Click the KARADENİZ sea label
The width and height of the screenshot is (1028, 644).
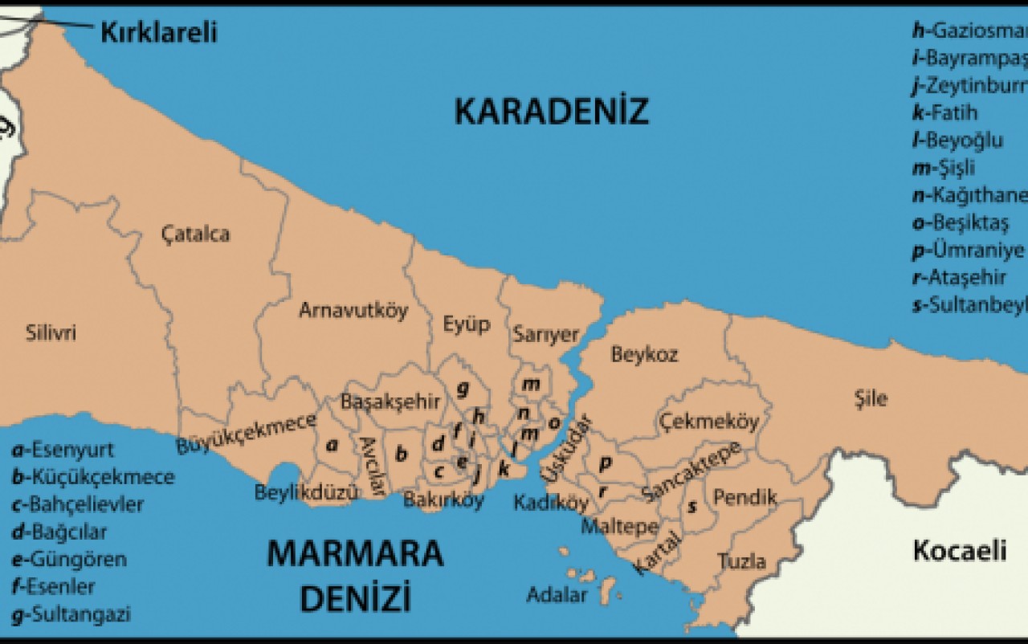click(x=551, y=112)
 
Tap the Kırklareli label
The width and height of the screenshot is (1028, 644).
click(x=158, y=32)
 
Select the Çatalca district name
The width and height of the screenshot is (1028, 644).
click(x=195, y=234)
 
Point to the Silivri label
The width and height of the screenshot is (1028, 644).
click(x=51, y=332)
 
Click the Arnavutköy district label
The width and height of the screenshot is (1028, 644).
click(x=353, y=310)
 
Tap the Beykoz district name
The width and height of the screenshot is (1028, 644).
click(x=644, y=354)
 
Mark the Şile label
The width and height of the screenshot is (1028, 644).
click(x=871, y=398)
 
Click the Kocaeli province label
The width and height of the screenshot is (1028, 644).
click(x=959, y=551)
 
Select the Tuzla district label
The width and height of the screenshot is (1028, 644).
click(x=740, y=561)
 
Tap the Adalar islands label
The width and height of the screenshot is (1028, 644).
click(x=557, y=596)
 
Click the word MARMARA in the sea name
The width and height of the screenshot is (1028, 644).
click(x=354, y=555)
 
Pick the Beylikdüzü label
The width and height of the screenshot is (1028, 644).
click(x=305, y=493)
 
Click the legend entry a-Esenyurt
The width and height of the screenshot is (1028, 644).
click(x=63, y=450)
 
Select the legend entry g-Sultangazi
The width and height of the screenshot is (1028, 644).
click(x=71, y=615)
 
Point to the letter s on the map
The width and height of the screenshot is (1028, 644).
click(x=691, y=507)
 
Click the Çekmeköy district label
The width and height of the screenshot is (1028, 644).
click(x=708, y=422)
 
